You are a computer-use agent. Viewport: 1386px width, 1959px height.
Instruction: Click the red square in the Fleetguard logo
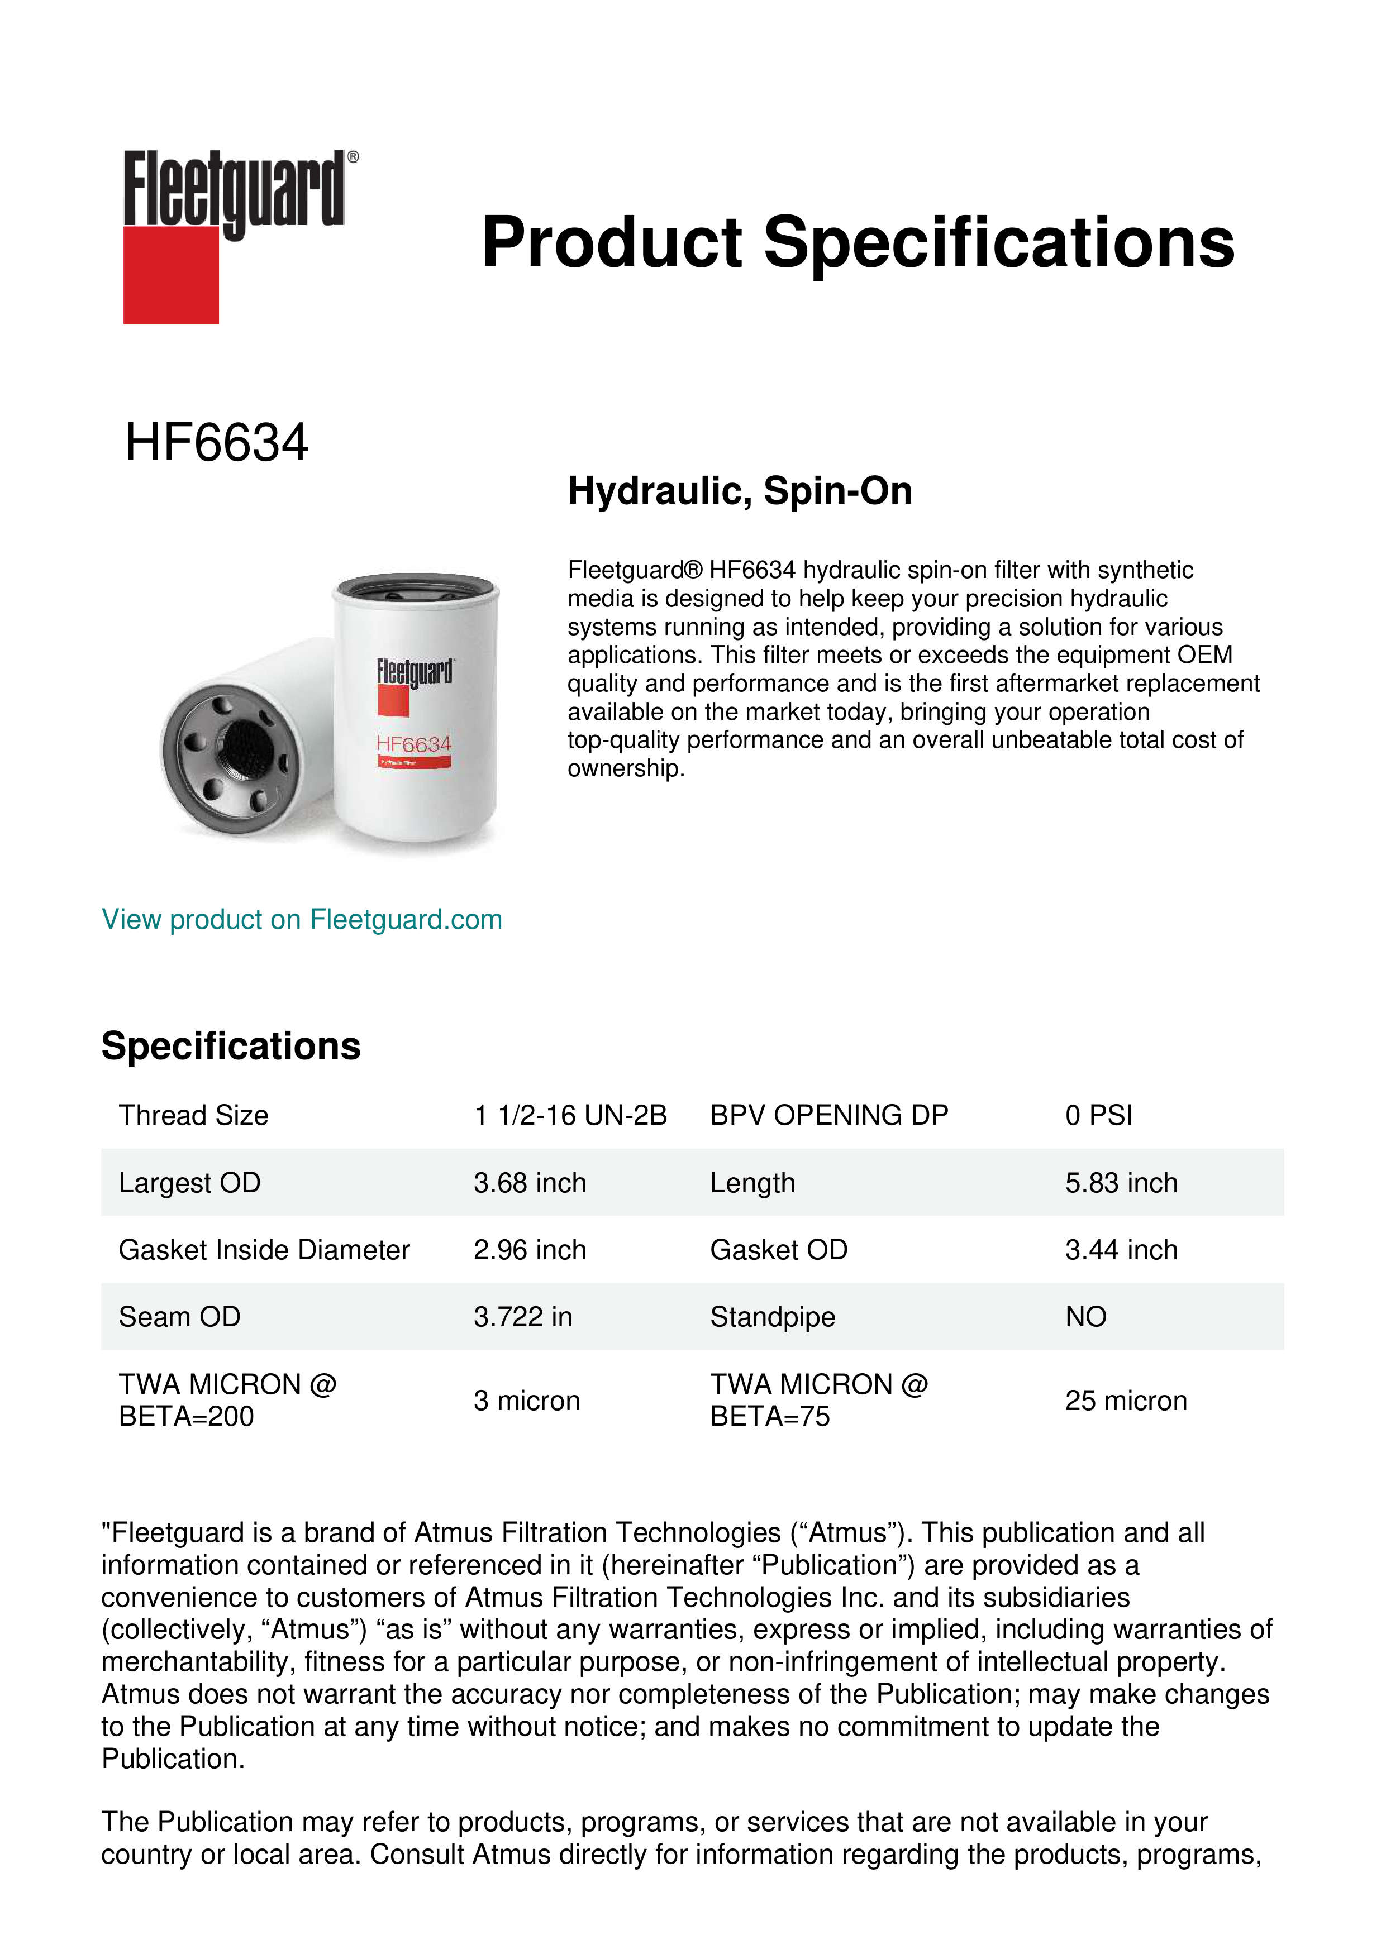171,275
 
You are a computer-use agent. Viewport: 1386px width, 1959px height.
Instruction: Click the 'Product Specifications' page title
858,242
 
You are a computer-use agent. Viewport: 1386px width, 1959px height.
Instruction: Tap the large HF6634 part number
217,443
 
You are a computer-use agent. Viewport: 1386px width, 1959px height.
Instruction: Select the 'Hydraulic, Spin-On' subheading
740,491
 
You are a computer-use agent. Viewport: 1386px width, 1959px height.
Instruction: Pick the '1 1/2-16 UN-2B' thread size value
570,1115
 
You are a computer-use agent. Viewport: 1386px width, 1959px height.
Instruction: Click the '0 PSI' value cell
1098,1115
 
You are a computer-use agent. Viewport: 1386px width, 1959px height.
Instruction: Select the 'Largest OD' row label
189,1183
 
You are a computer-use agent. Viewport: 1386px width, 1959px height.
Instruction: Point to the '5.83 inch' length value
1121,1183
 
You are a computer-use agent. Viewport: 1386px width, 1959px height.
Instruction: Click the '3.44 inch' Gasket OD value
1121,1250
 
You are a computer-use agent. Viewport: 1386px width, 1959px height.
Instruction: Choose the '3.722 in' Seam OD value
522,1317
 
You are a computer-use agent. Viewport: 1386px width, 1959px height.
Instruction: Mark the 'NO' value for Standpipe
1085,1317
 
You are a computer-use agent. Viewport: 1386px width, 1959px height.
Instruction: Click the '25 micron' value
1126,1401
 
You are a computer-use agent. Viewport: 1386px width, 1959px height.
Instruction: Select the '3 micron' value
527,1401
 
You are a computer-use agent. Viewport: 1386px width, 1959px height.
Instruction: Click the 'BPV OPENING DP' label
828,1115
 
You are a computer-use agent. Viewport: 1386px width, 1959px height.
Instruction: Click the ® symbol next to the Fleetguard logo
353,157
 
